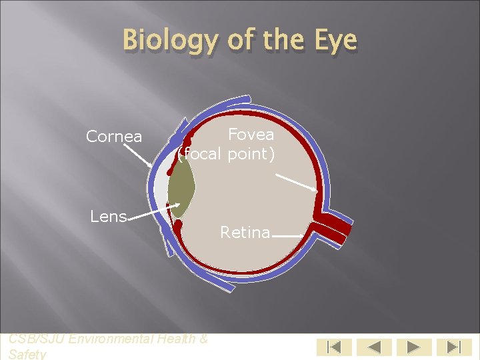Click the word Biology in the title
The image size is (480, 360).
point(170,41)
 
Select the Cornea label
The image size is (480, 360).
point(114,137)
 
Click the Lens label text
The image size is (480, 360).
point(109,217)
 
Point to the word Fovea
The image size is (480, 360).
point(251,135)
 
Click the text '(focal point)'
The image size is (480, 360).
point(226,155)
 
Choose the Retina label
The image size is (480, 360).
point(245,233)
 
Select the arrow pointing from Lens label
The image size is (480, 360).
point(154,211)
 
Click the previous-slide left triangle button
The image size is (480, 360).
point(373,347)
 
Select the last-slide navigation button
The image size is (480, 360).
point(453,347)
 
